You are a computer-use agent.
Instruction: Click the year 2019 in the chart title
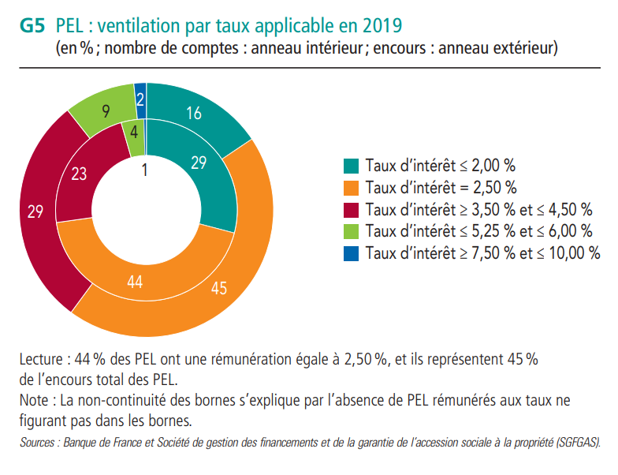(x=382, y=25)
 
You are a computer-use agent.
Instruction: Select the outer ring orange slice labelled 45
(x=219, y=287)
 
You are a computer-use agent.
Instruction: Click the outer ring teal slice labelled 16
(x=194, y=114)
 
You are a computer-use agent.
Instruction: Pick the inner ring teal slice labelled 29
(x=198, y=163)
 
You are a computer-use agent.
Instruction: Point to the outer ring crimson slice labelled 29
(x=35, y=211)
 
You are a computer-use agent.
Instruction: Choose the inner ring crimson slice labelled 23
(x=80, y=174)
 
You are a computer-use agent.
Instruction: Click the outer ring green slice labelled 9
(x=106, y=111)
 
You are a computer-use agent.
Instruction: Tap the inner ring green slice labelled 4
(x=135, y=133)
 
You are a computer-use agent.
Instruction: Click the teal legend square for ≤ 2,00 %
(x=352, y=166)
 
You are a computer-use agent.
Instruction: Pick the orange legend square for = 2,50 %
(x=352, y=188)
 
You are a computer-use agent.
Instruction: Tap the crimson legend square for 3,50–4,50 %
(x=352, y=210)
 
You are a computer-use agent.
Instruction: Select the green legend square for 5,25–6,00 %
(x=352, y=231)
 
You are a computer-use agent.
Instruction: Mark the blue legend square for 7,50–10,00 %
(x=352, y=252)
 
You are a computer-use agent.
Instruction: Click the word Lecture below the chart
(x=43, y=360)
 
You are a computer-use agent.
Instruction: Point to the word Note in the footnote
(x=34, y=399)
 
